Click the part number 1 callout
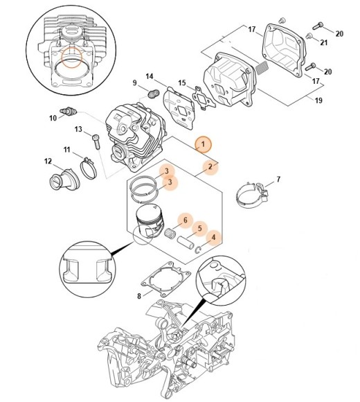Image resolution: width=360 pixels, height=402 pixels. click(x=203, y=144)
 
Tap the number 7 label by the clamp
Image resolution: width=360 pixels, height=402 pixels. click(x=278, y=179)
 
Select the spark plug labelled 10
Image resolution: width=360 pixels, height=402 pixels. click(x=68, y=112)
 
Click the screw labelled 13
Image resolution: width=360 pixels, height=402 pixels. click(x=96, y=141)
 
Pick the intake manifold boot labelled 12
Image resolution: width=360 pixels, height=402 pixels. click(x=64, y=180)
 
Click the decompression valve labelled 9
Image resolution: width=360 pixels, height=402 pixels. click(x=154, y=93)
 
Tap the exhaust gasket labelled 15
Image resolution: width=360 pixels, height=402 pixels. click(x=204, y=98)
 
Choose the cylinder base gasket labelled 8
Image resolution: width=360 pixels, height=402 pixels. click(x=166, y=279)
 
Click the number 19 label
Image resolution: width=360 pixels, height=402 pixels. click(x=318, y=101)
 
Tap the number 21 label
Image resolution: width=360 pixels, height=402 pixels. click(x=324, y=42)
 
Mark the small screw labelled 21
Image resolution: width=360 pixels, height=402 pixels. click(x=309, y=35)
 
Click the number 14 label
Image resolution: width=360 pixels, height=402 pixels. click(x=150, y=76)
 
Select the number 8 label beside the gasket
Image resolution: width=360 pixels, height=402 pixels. click(x=139, y=296)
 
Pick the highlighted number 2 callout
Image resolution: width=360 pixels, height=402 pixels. click(x=210, y=166)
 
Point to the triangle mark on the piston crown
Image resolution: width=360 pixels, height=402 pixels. click(x=154, y=206)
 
